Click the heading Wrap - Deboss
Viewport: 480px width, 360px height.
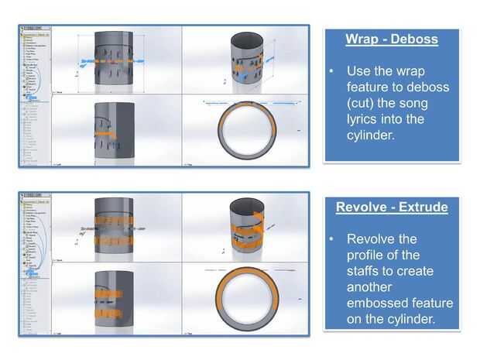(x=392, y=39)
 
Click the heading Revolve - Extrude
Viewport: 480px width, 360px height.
(x=392, y=207)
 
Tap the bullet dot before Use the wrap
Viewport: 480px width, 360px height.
(x=331, y=70)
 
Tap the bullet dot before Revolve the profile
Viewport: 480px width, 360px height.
(x=331, y=238)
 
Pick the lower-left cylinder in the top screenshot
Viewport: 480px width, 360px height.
(x=113, y=130)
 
